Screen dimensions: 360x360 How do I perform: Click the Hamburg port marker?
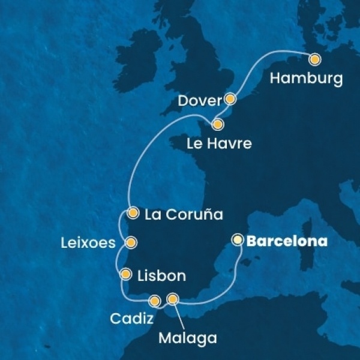coord(314,59)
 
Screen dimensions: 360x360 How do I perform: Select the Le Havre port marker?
coord(218,125)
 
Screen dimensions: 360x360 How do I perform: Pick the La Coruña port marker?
coord(134,212)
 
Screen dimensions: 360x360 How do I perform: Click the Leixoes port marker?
coord(130,242)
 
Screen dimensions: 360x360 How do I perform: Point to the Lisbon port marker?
coord(125,275)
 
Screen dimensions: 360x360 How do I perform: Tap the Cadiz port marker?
coord(155,301)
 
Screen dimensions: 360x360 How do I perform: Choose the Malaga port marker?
coord(173,298)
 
